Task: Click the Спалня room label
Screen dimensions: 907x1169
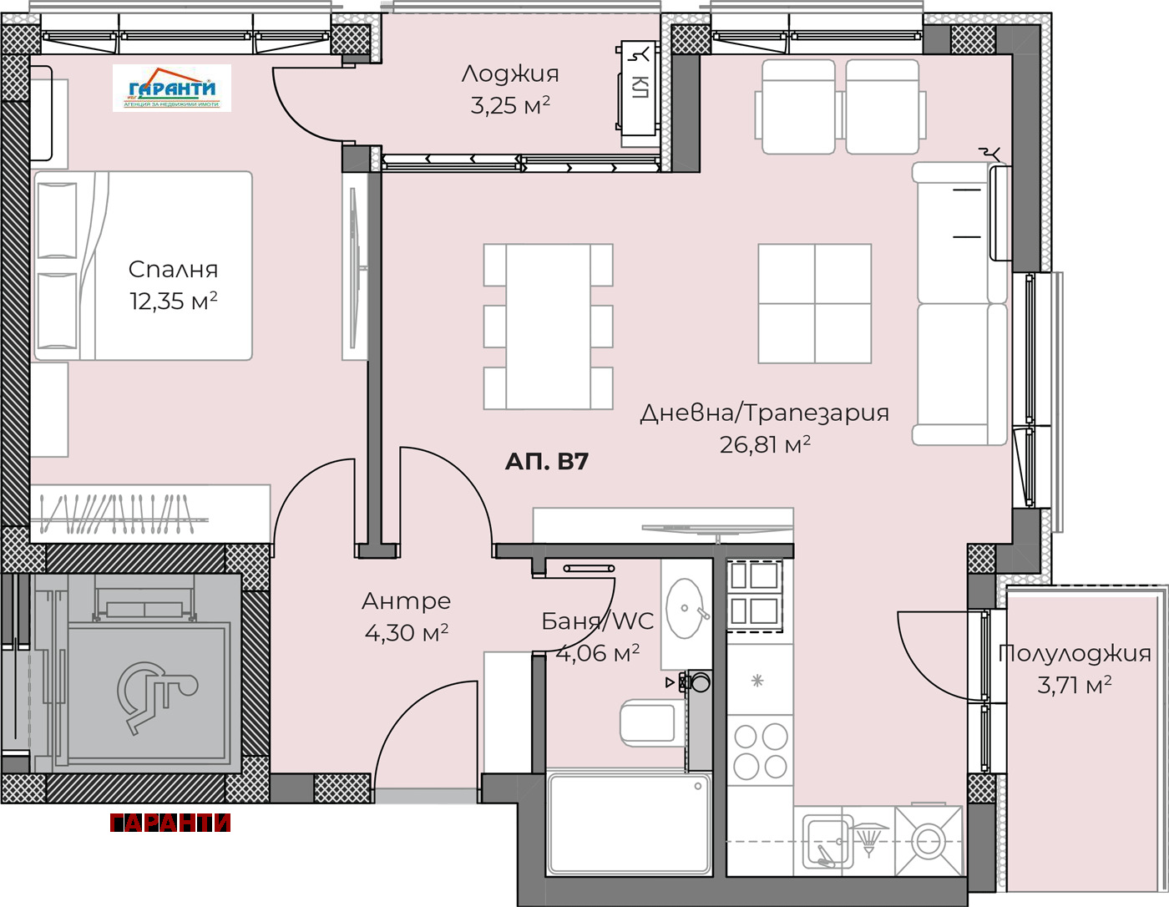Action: (x=173, y=269)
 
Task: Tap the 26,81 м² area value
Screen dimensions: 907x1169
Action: (x=765, y=444)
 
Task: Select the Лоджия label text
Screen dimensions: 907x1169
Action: (x=509, y=73)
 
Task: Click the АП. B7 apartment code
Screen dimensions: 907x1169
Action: (x=547, y=461)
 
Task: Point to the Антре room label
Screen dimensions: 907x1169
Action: (x=406, y=600)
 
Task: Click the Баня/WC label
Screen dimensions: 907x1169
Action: (x=597, y=621)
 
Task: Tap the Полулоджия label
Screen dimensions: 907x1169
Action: (x=1075, y=653)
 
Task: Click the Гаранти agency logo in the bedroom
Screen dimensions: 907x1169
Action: (x=172, y=89)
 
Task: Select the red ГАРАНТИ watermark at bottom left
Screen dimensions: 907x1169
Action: (x=170, y=823)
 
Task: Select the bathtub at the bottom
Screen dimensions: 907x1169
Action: (x=629, y=823)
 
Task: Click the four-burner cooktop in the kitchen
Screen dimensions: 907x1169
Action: (x=760, y=751)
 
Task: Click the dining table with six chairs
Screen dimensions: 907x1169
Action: (x=549, y=327)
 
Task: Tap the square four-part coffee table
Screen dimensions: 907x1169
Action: (x=814, y=304)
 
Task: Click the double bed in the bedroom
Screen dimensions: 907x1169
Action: (x=142, y=266)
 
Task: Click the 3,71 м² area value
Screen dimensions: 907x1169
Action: (x=1074, y=686)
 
